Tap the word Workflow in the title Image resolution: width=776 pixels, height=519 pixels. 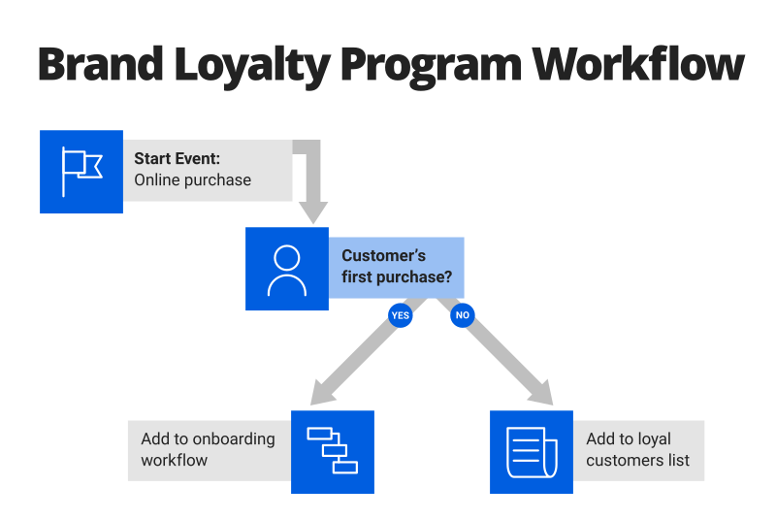[x=641, y=65]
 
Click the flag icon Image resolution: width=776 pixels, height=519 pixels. [x=81, y=172]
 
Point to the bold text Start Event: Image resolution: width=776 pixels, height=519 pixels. [x=178, y=159]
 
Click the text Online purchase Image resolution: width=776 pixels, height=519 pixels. [x=192, y=180]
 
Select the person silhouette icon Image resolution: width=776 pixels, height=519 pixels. [x=287, y=270]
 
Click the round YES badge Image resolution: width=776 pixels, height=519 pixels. [x=400, y=315]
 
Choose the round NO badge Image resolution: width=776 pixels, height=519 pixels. [x=463, y=315]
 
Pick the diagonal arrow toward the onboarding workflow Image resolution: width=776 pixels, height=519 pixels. [x=355, y=360]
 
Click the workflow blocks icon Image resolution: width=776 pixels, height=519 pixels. [x=333, y=452]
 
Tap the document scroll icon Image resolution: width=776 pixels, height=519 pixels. [x=532, y=452]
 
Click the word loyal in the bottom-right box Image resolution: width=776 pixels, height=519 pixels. [x=652, y=439]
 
